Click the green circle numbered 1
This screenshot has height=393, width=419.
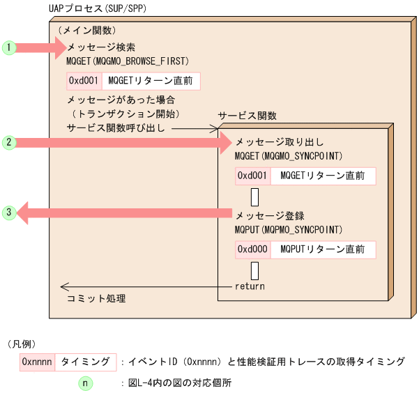tap(8, 47)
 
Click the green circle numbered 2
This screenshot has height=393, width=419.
tap(8, 143)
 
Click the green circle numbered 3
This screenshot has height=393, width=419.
tap(8, 213)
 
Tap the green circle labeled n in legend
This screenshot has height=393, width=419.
tap(84, 383)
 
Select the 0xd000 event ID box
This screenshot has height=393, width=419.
tap(251, 249)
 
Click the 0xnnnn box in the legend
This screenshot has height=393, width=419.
tap(38, 362)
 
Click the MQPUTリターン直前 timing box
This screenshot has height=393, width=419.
tap(322, 249)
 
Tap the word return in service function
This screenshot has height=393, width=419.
tap(250, 286)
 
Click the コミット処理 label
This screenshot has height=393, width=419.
tap(96, 298)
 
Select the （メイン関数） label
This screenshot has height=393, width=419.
tap(87, 31)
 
